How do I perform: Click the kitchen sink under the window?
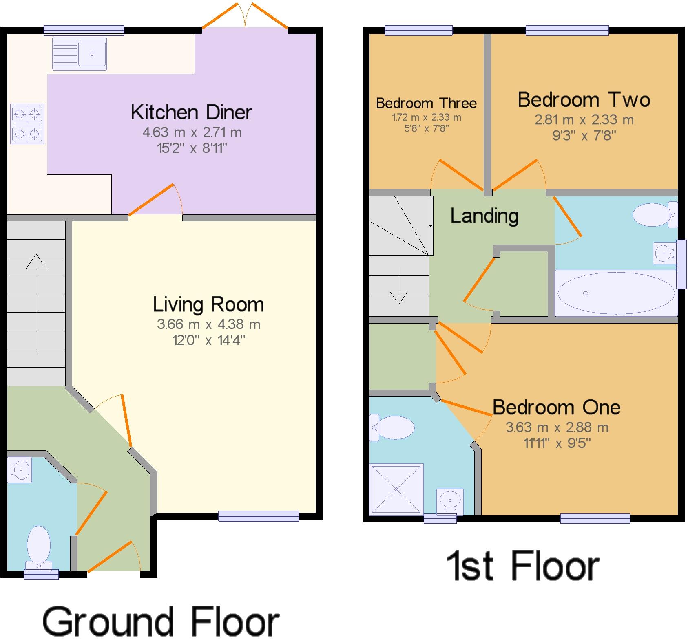pos(80,53)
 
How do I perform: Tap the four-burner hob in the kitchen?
pos(27,123)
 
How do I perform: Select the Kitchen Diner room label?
pos(191,112)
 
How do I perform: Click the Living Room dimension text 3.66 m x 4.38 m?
pos(208,324)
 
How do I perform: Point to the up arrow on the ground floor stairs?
pos(36,262)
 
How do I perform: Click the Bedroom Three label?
pos(426,103)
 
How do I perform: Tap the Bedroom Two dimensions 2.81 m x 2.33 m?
pos(584,120)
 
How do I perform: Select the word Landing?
pos(484,216)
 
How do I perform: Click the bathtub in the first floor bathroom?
pos(616,293)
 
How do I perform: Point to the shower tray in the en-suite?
pos(396,489)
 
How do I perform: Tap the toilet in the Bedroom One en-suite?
pos(392,427)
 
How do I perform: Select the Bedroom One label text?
pos(556,407)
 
